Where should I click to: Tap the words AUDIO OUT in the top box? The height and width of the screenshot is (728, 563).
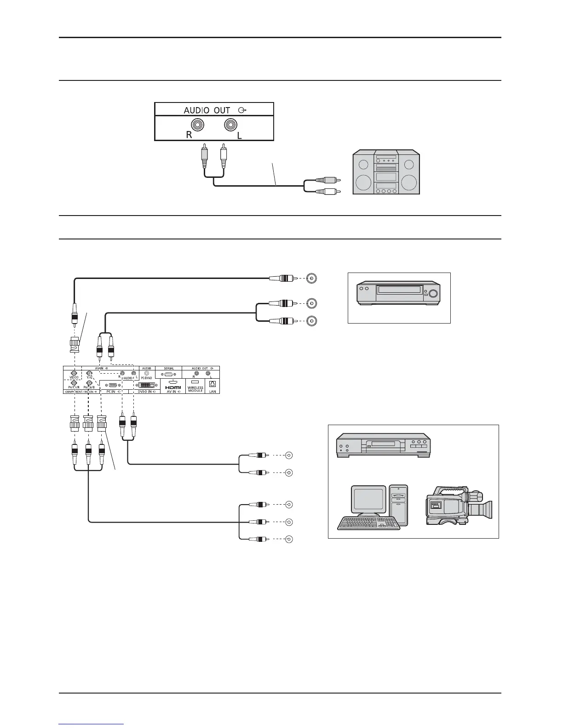(207, 110)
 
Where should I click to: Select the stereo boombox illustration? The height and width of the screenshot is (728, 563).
(386, 172)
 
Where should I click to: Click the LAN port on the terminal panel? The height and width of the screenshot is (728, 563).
(212, 383)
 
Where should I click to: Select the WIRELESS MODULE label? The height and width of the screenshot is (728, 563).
(195, 389)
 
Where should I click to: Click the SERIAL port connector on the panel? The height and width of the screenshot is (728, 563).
(169, 374)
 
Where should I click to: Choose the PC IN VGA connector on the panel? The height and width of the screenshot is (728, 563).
(112, 385)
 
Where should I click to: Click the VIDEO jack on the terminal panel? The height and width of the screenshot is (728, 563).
(74, 373)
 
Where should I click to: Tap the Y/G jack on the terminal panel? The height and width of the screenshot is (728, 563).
(90, 373)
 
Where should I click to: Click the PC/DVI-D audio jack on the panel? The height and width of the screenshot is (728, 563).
(147, 373)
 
